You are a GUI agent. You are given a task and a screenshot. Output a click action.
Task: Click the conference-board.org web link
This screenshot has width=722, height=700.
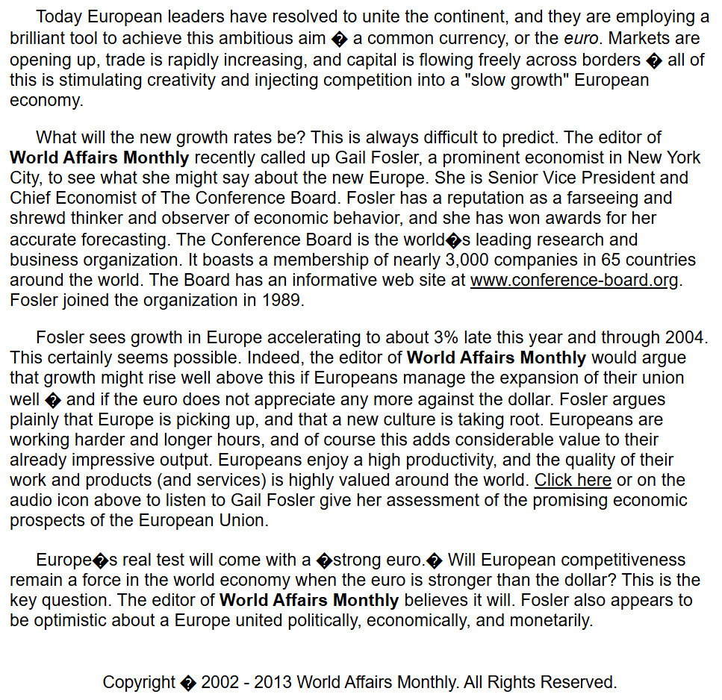[575, 281]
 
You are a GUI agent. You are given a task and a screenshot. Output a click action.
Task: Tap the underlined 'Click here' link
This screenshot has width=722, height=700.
[573, 480]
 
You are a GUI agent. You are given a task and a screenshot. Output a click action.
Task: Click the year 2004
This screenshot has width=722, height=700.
[685, 337]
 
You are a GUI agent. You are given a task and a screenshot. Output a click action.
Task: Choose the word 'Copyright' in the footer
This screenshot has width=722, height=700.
[139, 682]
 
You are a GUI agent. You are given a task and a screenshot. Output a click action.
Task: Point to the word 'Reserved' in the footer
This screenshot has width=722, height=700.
[578, 682]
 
